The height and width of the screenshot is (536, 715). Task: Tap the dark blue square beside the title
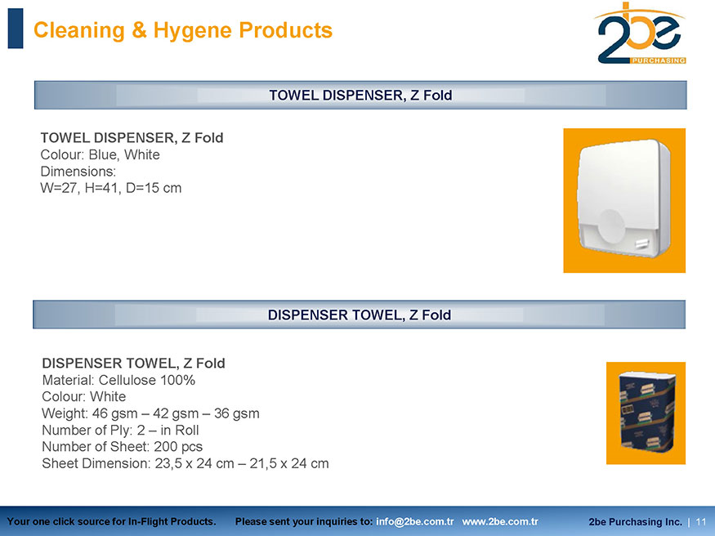(16, 29)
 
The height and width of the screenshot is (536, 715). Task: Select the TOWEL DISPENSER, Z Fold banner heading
(360, 96)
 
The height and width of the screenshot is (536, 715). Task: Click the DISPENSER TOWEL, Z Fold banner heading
(360, 315)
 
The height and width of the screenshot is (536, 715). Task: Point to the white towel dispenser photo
(624, 200)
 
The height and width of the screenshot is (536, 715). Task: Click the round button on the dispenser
(611, 226)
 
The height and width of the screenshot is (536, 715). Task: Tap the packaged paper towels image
(646, 413)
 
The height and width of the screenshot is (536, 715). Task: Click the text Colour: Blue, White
(100, 155)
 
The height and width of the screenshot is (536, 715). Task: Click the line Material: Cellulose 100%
(118, 380)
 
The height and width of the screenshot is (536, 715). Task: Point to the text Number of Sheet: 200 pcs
(123, 447)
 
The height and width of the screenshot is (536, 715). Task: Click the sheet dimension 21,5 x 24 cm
(289, 463)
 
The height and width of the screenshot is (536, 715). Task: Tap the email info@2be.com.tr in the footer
(415, 521)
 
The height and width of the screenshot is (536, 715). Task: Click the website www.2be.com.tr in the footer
(500, 521)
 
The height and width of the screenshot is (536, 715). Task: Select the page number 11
(701, 521)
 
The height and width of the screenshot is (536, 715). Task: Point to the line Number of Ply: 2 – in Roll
(120, 431)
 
